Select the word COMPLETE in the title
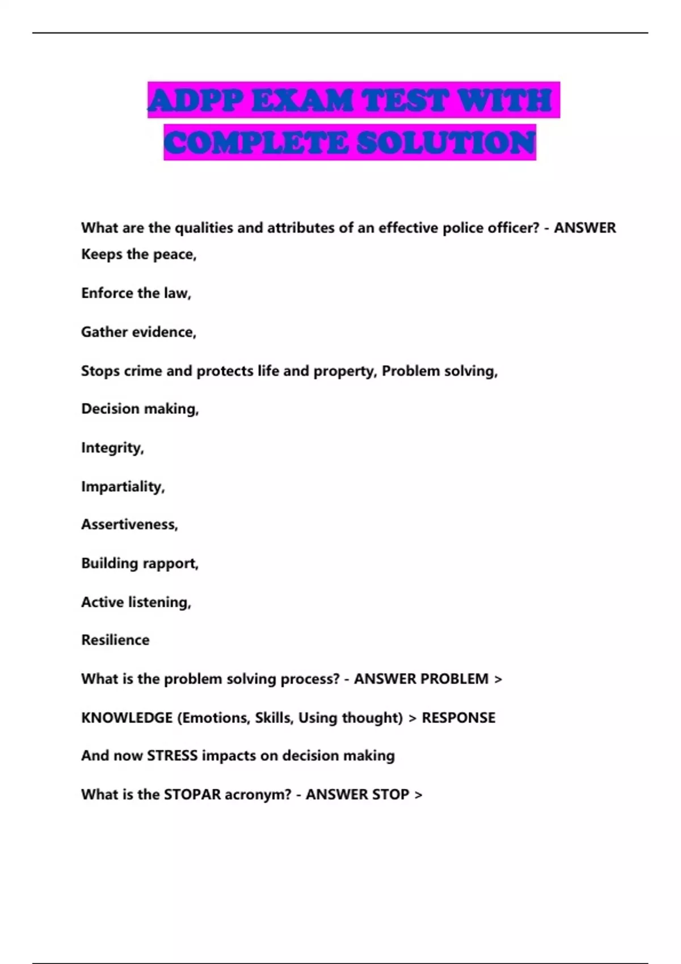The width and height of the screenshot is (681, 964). tap(256, 142)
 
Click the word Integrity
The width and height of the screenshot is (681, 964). tap(111, 448)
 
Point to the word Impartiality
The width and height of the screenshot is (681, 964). tap(122, 487)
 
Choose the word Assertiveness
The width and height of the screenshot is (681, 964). tap(129, 525)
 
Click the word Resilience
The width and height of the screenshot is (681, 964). tap(115, 640)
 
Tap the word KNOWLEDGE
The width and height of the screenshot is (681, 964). tap(127, 718)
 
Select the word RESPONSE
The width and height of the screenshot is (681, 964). tap(458, 718)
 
